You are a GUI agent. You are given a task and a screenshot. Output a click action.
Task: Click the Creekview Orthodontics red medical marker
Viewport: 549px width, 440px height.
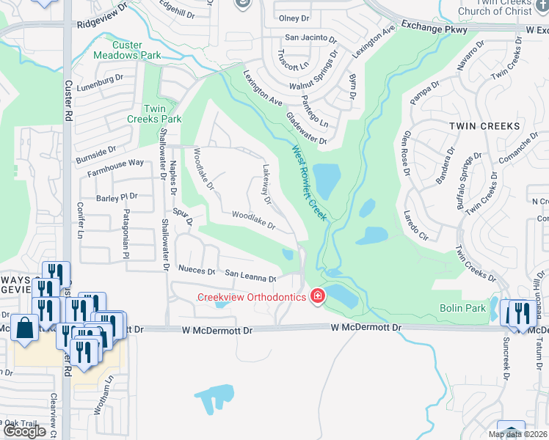tap(318, 296)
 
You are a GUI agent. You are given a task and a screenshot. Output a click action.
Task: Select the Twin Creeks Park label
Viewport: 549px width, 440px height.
tap(154, 114)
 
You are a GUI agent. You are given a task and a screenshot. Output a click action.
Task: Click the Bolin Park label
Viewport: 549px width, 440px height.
tap(462, 309)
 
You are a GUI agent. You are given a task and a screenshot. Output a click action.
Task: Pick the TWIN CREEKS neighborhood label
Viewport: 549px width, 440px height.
tap(484, 126)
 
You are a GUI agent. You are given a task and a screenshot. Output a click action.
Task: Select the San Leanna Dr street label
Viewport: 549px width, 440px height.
tap(250, 276)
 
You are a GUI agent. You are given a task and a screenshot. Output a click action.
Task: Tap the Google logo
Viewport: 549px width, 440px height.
tap(25, 431)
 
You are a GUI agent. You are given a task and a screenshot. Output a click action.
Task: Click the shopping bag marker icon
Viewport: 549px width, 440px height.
tap(24, 328)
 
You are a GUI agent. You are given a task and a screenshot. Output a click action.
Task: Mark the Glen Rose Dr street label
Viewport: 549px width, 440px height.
tap(405, 153)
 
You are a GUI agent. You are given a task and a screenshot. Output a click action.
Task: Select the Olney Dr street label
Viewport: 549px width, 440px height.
tap(294, 18)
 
